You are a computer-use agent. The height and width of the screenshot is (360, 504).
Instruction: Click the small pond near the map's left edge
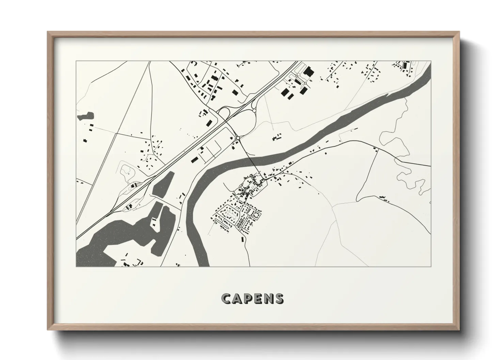point(85,116)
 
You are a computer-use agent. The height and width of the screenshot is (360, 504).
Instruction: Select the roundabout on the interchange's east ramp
point(254,111)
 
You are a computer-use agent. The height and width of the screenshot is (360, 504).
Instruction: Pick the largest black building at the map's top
point(309,72)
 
